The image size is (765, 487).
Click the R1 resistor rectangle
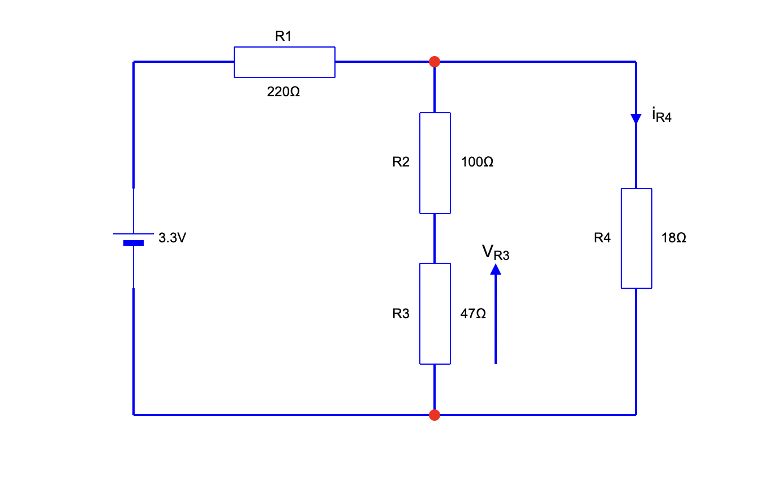point(284,62)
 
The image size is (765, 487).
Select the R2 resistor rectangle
point(435,163)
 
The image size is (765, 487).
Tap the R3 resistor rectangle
point(435,313)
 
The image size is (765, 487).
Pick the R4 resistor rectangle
point(636,238)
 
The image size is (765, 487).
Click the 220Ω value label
point(283,92)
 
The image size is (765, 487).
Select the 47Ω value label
point(473,313)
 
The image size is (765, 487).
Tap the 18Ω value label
point(673,238)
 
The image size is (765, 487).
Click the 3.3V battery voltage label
point(172,238)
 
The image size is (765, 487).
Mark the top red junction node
point(435,62)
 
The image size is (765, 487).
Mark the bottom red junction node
point(435,415)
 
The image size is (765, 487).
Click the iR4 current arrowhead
point(636,118)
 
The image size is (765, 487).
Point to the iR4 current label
point(661,117)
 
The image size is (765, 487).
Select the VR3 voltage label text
point(496,253)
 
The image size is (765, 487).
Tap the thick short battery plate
point(134,243)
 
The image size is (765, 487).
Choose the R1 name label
point(283,37)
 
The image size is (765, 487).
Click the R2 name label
point(401,163)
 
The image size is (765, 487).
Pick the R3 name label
point(401,313)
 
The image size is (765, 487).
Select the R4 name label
point(602,238)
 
